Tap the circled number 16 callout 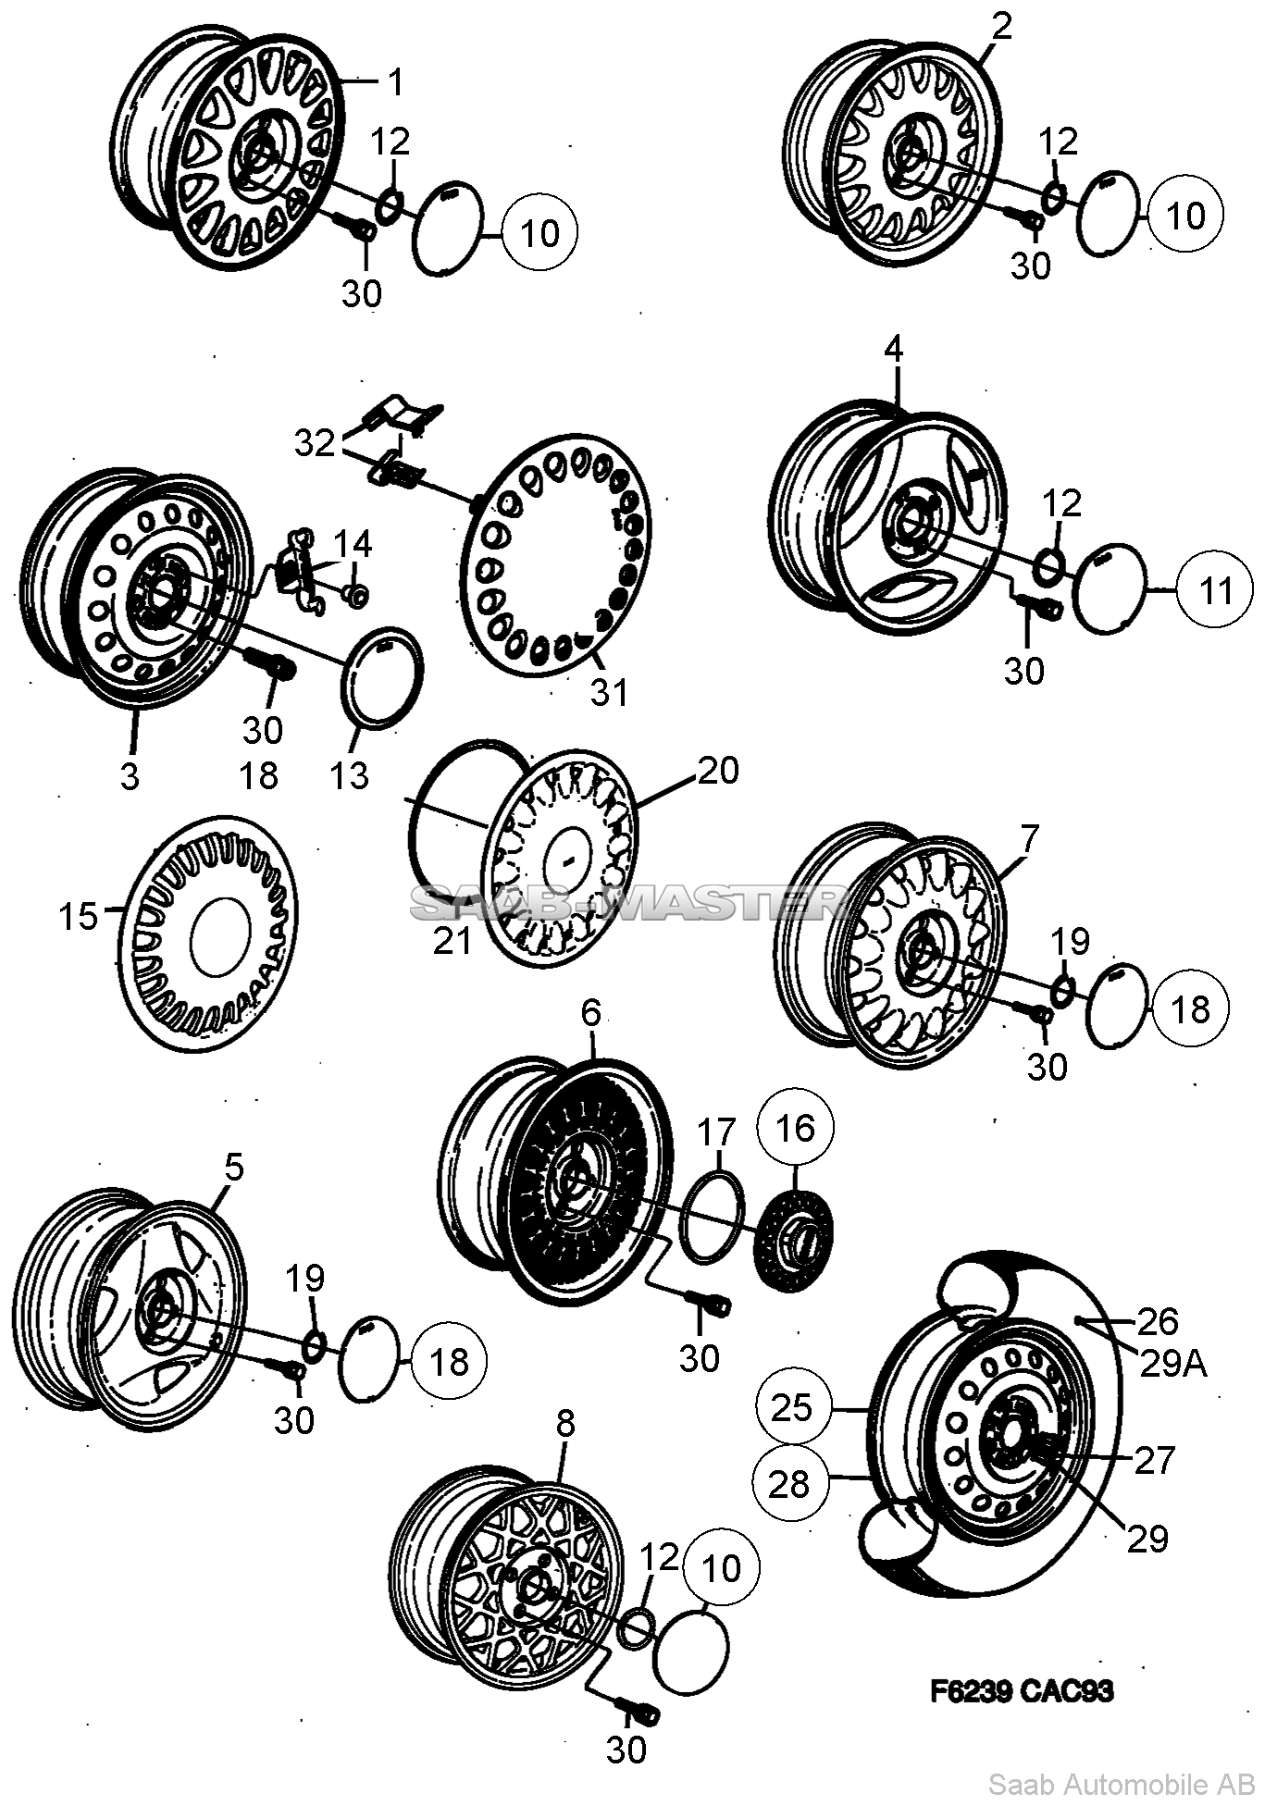click(x=796, y=1128)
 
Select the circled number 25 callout click(x=791, y=1408)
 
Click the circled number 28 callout click(x=789, y=1485)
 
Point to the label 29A click(x=1172, y=1363)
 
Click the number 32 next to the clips click(x=315, y=443)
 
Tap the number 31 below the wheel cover click(x=609, y=691)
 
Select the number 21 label click(x=453, y=941)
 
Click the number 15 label click(x=78, y=917)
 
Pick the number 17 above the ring click(x=716, y=1132)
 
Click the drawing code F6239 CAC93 click(x=1022, y=1691)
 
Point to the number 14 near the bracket click(x=353, y=544)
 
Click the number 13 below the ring click(x=350, y=775)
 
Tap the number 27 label click(x=1154, y=1460)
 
